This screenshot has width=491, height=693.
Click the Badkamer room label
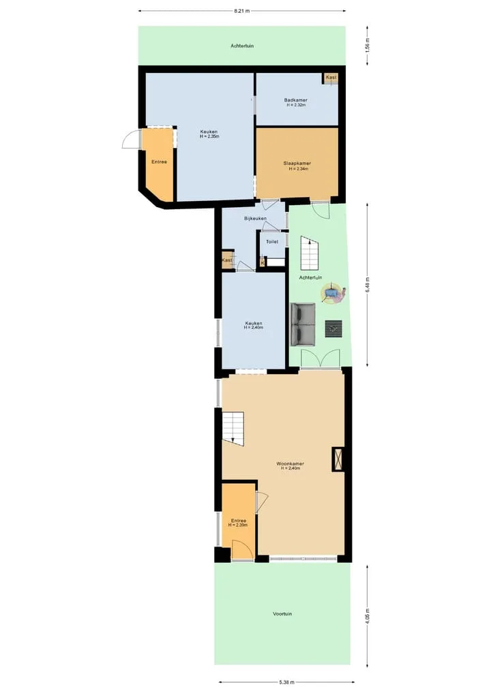click(296, 100)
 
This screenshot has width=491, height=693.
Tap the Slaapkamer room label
click(297, 164)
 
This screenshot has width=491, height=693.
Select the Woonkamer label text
click(291, 463)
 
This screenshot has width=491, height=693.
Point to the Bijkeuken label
click(255, 219)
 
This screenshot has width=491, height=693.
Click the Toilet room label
click(272, 242)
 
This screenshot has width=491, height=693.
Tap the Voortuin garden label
click(282, 614)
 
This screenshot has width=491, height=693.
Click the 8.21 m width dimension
click(242, 11)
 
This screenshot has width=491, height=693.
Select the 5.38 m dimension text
click(286, 682)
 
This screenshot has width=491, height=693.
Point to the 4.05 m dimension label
click(367, 616)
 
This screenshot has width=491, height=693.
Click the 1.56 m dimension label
click(367, 46)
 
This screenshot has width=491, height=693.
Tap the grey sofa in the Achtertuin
click(303, 324)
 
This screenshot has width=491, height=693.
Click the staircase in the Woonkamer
click(233, 427)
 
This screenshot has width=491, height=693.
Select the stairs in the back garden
click(310, 253)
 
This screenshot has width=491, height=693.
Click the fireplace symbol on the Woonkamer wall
click(338, 459)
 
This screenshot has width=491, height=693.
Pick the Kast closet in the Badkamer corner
click(331, 78)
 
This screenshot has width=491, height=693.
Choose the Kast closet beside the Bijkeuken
click(227, 260)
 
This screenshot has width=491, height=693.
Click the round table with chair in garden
click(333, 294)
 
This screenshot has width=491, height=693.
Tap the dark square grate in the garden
click(334, 329)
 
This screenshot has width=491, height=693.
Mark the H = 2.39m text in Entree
click(238, 525)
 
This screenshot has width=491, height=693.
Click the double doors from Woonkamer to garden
click(321, 359)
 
